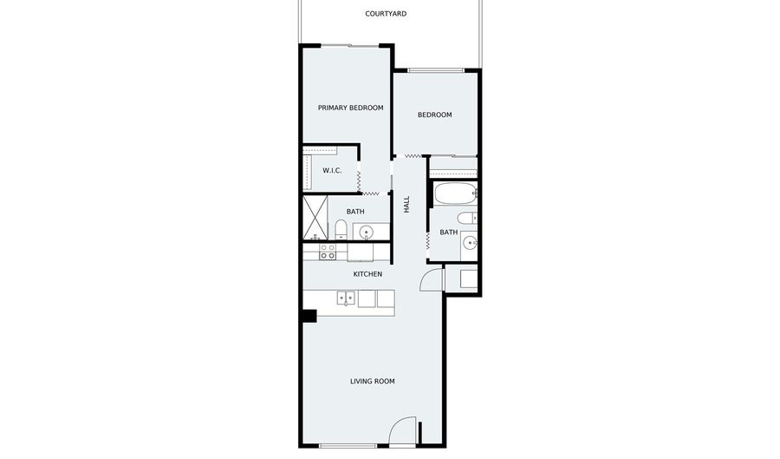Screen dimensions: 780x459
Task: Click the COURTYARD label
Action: click(x=386, y=14)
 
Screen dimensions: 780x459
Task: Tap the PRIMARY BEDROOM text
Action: click(x=351, y=108)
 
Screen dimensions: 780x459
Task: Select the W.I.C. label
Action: click(x=332, y=170)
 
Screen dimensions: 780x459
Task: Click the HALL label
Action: click(x=406, y=204)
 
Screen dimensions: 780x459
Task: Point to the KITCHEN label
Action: click(x=367, y=274)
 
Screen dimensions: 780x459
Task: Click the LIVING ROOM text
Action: click(x=373, y=381)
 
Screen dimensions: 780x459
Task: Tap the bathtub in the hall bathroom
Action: click(x=455, y=193)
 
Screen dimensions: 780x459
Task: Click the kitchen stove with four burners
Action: click(x=328, y=252)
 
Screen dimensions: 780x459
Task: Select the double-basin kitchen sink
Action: click(x=346, y=298)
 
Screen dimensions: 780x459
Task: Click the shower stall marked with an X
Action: click(x=315, y=218)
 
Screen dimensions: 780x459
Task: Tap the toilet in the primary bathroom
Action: click(x=341, y=229)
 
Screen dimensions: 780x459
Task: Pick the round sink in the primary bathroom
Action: click(x=367, y=232)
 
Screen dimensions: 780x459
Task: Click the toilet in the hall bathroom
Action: click(x=467, y=218)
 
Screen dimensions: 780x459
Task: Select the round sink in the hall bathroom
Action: click(x=470, y=244)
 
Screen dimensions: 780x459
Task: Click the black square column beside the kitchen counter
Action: click(x=309, y=316)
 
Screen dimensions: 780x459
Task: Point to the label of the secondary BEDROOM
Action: click(x=435, y=115)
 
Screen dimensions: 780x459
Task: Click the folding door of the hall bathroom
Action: click(x=427, y=241)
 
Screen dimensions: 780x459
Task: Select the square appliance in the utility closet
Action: click(x=469, y=279)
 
